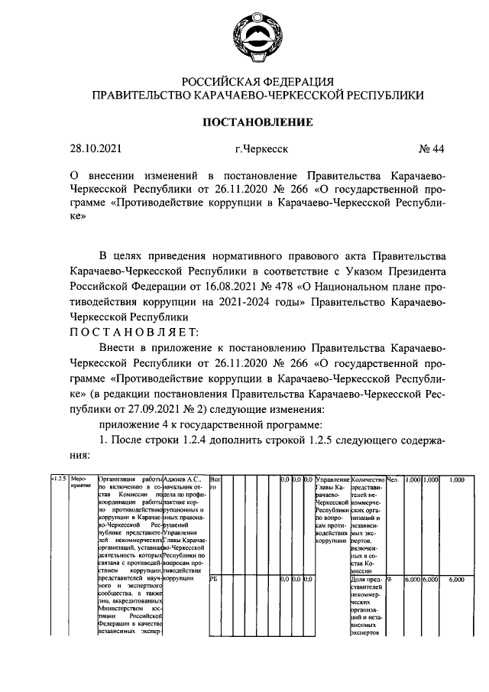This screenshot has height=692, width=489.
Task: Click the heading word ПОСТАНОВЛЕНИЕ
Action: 257,122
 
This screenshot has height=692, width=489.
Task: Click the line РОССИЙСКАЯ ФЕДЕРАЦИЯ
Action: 257,81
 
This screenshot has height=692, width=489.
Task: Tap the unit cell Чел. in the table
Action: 394,479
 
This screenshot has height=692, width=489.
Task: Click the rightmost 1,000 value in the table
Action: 457,479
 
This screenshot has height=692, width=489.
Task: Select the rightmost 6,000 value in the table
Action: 457,580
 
